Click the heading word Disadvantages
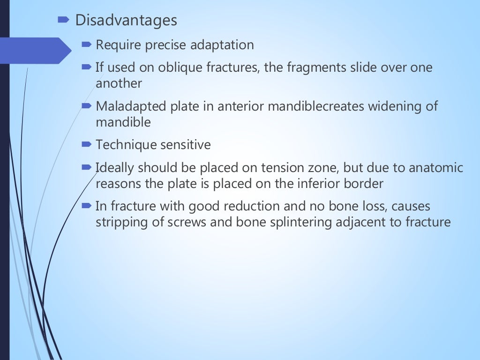point(126,21)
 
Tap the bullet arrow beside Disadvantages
point(64,20)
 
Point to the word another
point(119,83)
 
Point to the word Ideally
point(115,168)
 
